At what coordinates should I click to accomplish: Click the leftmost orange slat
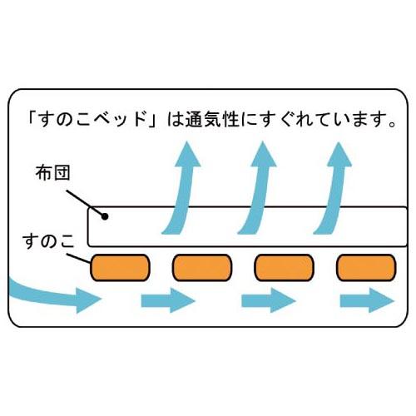point(120,268)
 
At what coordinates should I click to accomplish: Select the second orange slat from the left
point(202,268)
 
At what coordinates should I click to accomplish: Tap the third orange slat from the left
point(284,268)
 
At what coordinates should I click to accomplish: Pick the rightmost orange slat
point(366,268)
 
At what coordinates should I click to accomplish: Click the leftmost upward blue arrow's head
point(188,156)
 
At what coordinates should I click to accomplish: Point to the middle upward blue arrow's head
point(264,156)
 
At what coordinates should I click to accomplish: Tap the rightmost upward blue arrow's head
point(339,156)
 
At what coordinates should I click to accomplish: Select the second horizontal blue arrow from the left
point(168,300)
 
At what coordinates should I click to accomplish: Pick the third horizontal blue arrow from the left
point(269,300)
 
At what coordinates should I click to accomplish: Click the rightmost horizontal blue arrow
point(367,300)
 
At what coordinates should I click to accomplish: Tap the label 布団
point(52,173)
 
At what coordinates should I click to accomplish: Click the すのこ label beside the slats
point(48,241)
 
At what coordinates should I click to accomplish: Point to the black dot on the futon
point(105,216)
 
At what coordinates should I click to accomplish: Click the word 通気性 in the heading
point(213,120)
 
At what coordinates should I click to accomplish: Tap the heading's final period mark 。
point(392,124)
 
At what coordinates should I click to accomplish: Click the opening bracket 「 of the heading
point(31,118)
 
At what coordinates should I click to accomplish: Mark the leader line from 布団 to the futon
point(86,203)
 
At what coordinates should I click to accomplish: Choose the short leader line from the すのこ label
point(79,258)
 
